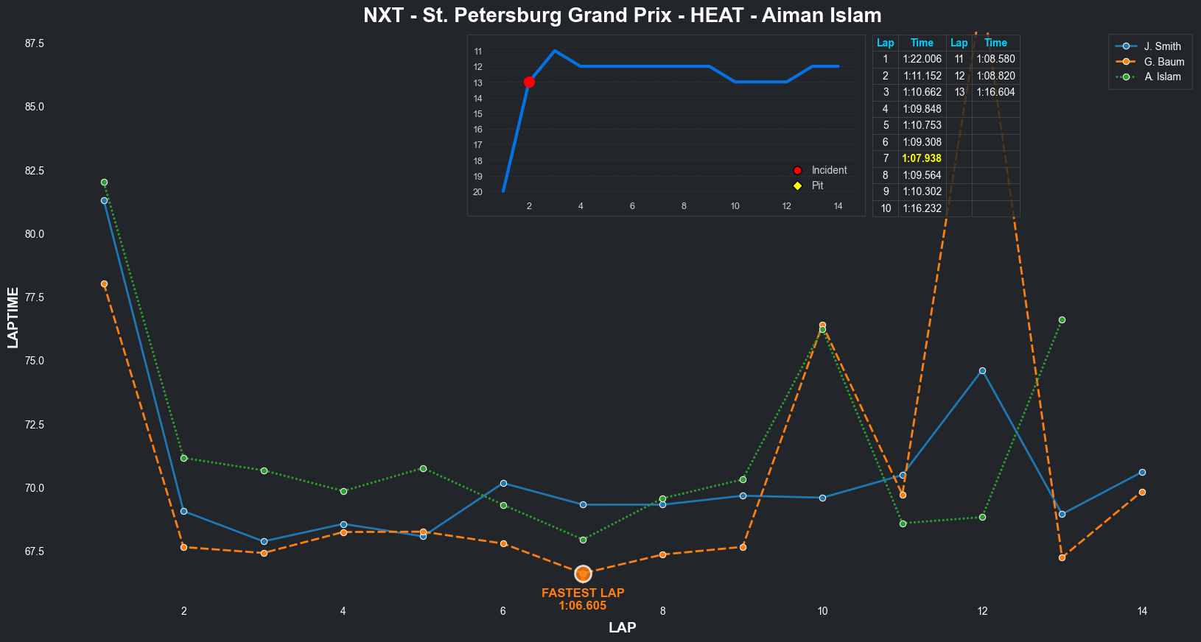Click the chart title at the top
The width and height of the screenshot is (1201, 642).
click(x=622, y=15)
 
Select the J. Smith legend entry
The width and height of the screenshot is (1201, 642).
click(x=1162, y=46)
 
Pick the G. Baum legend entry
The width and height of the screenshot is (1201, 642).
click(x=1163, y=62)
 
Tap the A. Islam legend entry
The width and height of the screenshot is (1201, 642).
click(x=1162, y=77)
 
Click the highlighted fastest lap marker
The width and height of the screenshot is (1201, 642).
click(x=583, y=574)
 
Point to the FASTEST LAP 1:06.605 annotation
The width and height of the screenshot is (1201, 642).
click(x=583, y=599)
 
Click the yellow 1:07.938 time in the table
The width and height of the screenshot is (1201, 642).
click(x=922, y=158)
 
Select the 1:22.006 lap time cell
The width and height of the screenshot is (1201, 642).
click(x=922, y=59)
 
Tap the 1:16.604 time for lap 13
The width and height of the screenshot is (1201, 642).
click(x=995, y=92)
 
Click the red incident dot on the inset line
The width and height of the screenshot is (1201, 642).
click(x=529, y=82)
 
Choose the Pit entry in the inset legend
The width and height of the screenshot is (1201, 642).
click(x=817, y=186)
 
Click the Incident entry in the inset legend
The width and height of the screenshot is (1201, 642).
click(x=828, y=170)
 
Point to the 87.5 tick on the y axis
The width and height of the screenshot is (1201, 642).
click(x=35, y=43)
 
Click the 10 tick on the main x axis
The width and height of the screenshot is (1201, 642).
click(x=822, y=611)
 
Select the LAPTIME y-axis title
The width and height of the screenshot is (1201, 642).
click(x=13, y=317)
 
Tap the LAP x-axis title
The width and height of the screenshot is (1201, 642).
click(x=622, y=628)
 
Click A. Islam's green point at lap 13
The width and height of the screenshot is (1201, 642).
click(x=1062, y=320)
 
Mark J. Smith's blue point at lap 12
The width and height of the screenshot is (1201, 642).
click(x=982, y=370)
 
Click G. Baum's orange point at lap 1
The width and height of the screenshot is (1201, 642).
click(x=104, y=283)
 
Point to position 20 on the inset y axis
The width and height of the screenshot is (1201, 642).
click(x=478, y=192)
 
